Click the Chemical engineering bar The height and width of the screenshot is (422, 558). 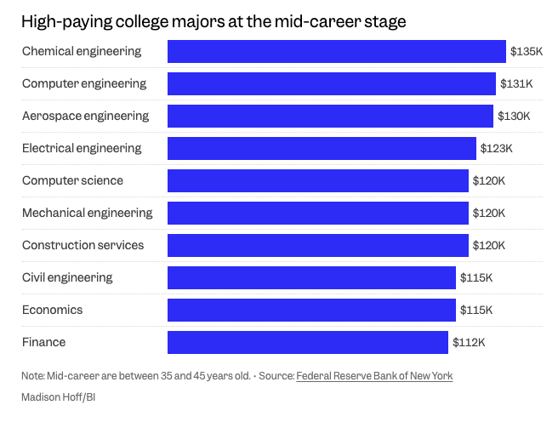336,51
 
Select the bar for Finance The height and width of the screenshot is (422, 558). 307,342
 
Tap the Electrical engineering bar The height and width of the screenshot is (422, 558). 322,148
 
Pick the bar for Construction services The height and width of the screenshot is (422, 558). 317,245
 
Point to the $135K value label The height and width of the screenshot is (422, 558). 526,51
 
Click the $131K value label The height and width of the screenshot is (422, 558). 515,83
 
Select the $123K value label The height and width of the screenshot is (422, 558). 496,148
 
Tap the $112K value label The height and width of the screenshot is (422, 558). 468,342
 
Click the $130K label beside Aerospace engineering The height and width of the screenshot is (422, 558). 513,116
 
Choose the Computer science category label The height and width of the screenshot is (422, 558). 72,180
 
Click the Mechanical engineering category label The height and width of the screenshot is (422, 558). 87,213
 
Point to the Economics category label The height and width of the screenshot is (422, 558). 52,310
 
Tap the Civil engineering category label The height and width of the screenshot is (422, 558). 67,277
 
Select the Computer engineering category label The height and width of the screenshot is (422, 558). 84,83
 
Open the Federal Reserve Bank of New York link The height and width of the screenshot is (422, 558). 374,375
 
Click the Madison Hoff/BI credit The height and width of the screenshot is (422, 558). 57,396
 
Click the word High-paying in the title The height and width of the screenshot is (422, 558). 63,21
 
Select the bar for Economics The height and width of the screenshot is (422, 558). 311,310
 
